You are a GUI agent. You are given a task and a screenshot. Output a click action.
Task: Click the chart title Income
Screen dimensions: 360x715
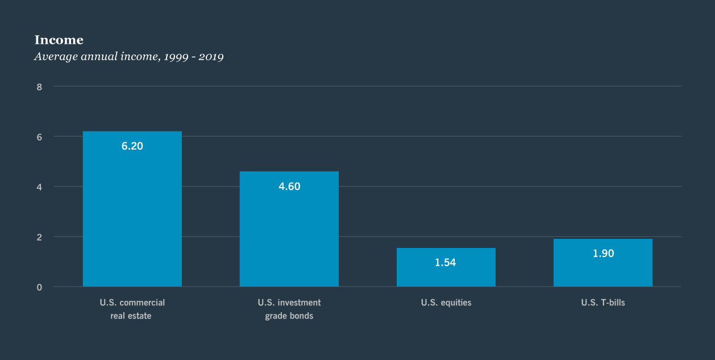pos(59,40)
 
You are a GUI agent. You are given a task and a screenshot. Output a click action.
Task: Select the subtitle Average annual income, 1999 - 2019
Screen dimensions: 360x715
pos(128,57)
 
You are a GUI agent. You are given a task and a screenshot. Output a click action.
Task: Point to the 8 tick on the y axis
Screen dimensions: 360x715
pos(39,87)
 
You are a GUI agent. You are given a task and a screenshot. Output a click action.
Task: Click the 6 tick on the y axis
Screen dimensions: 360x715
pos(39,137)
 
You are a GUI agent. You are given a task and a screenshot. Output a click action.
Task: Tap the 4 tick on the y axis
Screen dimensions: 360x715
pos(39,187)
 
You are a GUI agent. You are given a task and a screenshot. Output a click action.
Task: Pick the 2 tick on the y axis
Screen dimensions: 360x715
pos(39,237)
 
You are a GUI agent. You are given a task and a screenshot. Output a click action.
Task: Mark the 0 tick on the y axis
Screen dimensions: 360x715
pos(39,287)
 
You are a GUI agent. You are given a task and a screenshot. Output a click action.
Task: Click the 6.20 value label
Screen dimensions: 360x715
pos(132,146)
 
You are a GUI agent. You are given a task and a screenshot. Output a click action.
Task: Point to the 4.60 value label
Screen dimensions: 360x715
pos(289,187)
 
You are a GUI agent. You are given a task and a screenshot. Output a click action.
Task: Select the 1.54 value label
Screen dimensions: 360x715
pos(446,263)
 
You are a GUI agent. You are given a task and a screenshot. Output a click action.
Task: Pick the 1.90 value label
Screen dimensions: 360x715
pos(603,254)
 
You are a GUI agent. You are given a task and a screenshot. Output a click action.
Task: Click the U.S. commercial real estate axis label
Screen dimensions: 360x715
pos(132,309)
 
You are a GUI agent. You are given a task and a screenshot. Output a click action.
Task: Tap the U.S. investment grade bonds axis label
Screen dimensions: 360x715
pos(289,309)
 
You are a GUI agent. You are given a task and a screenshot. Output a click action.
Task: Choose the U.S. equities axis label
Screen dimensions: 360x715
pos(446,303)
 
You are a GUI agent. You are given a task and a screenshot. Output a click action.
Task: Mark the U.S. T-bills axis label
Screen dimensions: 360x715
pos(602,303)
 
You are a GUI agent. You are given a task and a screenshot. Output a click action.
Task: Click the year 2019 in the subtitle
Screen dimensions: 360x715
pos(210,57)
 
